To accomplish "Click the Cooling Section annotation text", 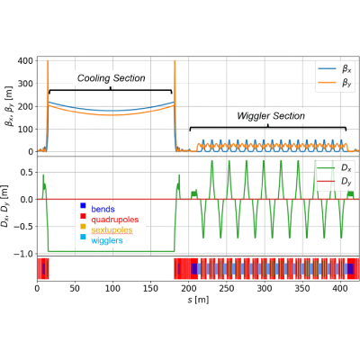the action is point(112,78).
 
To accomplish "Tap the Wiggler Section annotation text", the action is point(271,116).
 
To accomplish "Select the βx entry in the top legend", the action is point(335,69).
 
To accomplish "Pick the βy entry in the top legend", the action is point(335,83).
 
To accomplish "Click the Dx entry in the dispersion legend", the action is point(335,167).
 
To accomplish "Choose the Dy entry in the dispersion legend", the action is point(335,182).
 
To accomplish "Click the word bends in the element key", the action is point(103,209).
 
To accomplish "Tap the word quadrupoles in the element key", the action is point(115,220).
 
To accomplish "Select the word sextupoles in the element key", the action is point(112,230).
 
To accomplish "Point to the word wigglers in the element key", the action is point(107,240).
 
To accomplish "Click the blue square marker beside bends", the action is point(83,205).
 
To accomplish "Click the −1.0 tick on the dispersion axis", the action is point(23,254).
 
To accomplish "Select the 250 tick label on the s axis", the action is point(227,288).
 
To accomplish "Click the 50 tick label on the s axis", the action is point(75,288).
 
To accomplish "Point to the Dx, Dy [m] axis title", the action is point(6,206).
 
